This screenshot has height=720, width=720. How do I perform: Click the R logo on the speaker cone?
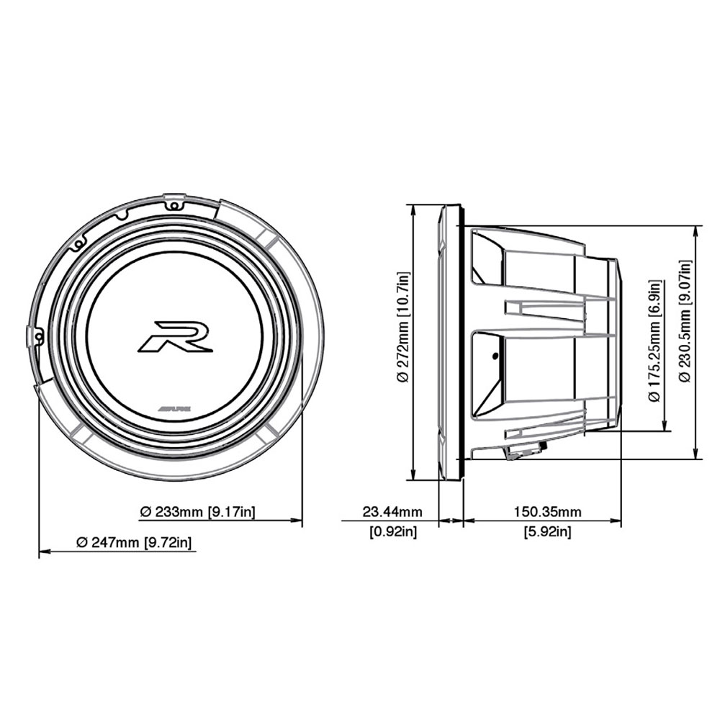[175, 336]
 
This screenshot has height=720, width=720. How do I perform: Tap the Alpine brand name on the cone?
[174, 408]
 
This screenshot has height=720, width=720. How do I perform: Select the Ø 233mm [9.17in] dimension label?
[197, 511]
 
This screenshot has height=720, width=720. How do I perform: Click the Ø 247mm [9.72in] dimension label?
[134, 542]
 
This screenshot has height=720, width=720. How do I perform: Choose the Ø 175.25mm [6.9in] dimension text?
[654, 341]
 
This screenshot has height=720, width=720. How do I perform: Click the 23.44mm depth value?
[392, 511]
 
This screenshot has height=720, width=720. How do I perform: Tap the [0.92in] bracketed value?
[394, 532]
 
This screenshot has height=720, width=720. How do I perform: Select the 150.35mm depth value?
[547, 511]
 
